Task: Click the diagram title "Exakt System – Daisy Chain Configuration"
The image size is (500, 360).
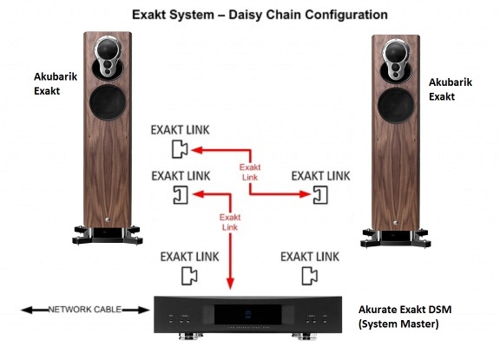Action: [260, 15]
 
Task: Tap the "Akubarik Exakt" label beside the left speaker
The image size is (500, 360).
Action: [56, 83]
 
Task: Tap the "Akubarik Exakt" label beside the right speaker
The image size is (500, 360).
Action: [450, 89]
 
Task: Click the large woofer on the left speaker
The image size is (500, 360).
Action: [108, 102]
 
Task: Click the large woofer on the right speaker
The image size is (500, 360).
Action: [396, 106]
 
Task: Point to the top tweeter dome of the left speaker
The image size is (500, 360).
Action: [107, 49]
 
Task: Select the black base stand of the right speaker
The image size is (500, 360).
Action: [396, 238]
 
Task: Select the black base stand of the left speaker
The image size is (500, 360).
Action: [108, 235]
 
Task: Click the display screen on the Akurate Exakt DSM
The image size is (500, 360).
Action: [247, 314]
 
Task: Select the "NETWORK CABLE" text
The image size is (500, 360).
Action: [85, 310]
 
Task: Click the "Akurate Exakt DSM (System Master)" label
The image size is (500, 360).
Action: [405, 317]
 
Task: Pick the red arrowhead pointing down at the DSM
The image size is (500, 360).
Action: [230, 283]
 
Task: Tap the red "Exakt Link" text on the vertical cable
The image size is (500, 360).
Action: [230, 222]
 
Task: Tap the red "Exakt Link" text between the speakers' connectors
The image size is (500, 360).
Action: [250, 172]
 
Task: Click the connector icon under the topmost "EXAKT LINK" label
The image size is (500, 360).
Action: [180, 149]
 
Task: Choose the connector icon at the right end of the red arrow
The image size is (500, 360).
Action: [320, 194]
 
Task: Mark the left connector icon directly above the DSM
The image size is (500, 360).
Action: [189, 276]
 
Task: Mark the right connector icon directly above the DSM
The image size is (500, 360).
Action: [310, 276]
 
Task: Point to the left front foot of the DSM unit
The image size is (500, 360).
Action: [191, 336]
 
